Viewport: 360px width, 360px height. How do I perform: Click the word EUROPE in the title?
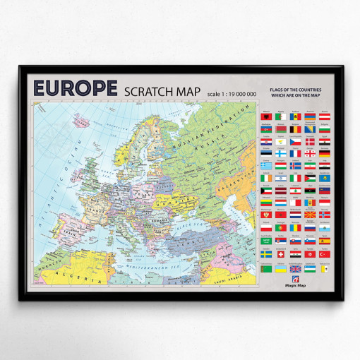point(75,89)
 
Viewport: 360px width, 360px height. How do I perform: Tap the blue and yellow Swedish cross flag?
point(266,254)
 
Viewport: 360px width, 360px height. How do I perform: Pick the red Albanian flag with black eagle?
point(266,116)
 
